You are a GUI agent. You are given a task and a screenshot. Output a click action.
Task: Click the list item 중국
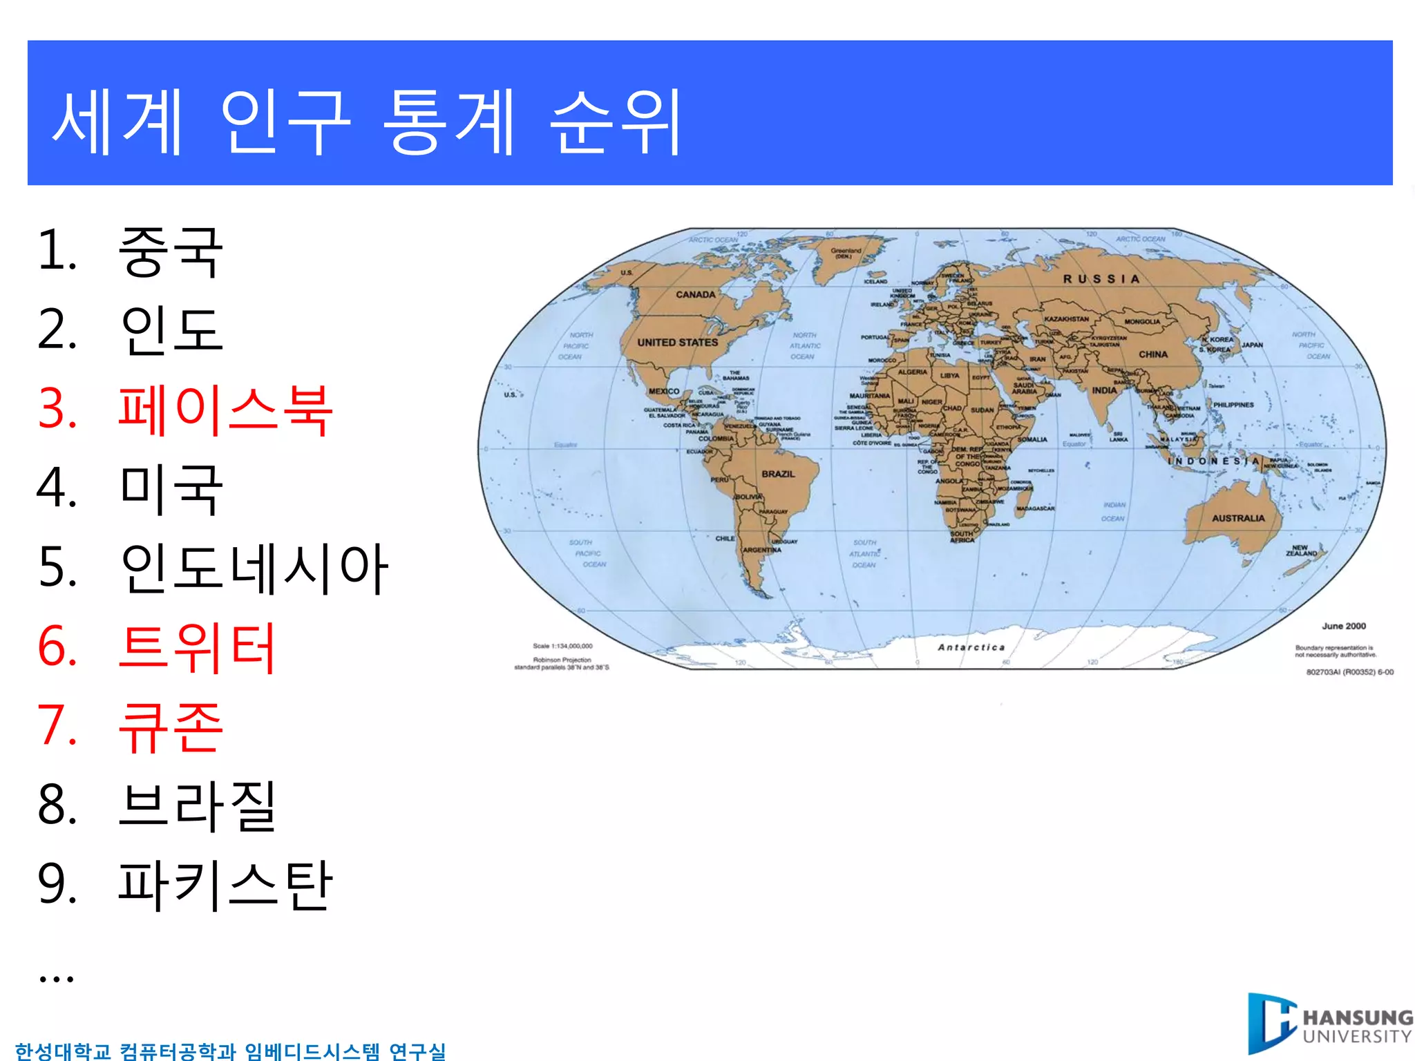point(171,252)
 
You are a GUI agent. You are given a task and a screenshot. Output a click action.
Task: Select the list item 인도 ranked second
point(171,330)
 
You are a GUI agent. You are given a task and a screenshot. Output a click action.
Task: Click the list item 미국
point(171,489)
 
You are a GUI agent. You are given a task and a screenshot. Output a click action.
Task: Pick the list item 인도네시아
point(254,568)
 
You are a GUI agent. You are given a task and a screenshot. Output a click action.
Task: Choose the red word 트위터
point(198,648)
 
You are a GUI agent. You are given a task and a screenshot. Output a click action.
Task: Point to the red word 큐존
point(171,727)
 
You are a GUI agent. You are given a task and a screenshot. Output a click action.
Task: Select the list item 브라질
point(198,806)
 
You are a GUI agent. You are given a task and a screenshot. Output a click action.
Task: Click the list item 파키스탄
point(225,886)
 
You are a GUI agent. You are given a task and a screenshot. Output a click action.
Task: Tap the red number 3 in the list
point(57,410)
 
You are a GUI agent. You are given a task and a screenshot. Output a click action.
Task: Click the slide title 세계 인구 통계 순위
point(366,122)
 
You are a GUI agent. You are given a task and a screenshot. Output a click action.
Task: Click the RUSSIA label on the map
point(1101,279)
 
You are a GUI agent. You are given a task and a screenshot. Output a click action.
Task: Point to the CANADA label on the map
point(695,295)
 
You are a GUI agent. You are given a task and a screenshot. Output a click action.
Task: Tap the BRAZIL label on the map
point(778,474)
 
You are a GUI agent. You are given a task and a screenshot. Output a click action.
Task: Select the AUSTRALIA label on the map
point(1238,518)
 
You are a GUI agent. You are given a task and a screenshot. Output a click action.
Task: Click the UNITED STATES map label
point(677,343)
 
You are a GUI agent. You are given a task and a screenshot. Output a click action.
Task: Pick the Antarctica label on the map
point(971,647)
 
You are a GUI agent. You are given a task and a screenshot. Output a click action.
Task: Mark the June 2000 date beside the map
point(1344,627)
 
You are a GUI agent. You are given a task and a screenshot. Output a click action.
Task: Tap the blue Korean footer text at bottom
point(230,1051)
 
